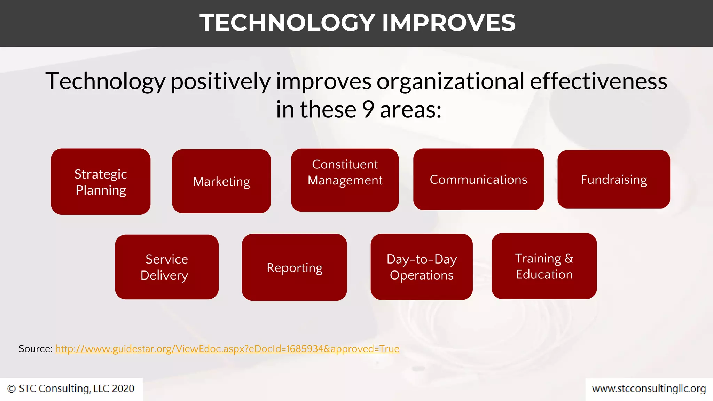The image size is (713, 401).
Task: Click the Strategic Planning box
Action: click(x=101, y=182)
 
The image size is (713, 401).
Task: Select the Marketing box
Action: click(x=221, y=181)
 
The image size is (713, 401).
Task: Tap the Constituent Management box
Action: click(x=345, y=180)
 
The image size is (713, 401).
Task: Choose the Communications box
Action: click(x=478, y=179)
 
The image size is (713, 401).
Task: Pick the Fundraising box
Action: click(x=613, y=179)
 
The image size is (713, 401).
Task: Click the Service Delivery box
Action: click(x=166, y=267)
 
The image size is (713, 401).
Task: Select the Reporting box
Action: click(x=294, y=267)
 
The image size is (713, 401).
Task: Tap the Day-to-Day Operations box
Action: click(x=421, y=267)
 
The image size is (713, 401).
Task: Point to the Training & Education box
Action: click(x=544, y=266)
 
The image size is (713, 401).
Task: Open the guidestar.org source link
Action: click(x=227, y=349)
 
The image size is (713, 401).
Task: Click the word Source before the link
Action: click(x=35, y=349)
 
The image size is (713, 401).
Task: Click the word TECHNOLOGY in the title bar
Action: click(x=287, y=23)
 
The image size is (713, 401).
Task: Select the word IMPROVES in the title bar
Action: click(x=448, y=23)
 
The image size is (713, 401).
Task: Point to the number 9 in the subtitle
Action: click(x=368, y=109)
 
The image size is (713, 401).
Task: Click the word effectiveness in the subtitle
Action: click(x=598, y=81)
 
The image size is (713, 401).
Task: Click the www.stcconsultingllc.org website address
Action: click(x=649, y=388)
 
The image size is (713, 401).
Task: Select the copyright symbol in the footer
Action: click(x=11, y=389)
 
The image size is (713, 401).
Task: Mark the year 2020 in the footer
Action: click(x=123, y=388)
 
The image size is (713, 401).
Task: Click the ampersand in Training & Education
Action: click(x=569, y=258)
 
